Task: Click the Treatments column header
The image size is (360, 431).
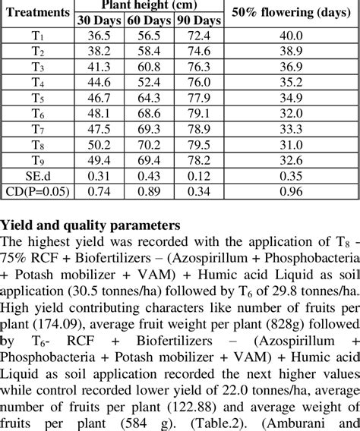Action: click(36, 12)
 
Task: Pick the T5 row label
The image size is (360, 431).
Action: click(36, 99)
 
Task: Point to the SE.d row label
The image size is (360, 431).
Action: click(36, 176)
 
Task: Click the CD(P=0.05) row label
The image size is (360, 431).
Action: click(36, 192)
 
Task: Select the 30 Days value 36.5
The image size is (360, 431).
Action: click(99, 36)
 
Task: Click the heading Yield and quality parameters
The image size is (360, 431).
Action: click(90, 225)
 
